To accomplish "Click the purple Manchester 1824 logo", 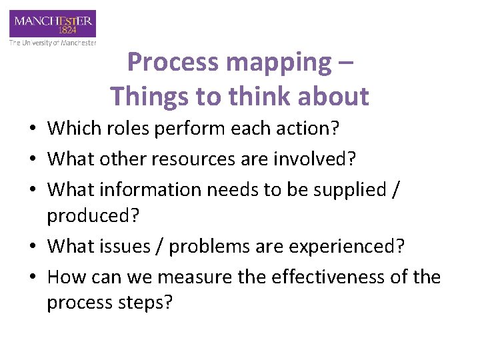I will point(53,25).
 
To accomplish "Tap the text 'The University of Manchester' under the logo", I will point(53,43).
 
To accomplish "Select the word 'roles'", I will point(130,127).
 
